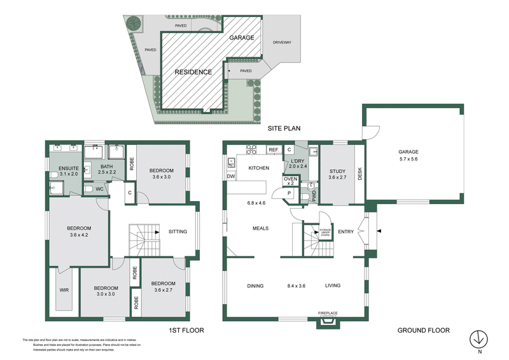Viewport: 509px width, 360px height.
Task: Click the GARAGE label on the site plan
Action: click(x=242, y=38)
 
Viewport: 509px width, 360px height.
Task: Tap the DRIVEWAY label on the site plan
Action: click(x=282, y=42)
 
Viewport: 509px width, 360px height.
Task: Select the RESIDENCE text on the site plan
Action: click(x=193, y=73)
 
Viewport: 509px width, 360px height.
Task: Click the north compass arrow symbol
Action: click(x=478, y=338)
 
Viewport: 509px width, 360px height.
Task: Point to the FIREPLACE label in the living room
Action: click(x=328, y=313)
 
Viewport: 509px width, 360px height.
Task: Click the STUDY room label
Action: click(x=337, y=170)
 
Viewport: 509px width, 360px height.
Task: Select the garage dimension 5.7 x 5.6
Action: click(x=408, y=160)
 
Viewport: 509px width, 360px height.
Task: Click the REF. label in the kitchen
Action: click(x=273, y=149)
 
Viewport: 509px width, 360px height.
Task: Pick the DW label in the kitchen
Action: click(x=231, y=176)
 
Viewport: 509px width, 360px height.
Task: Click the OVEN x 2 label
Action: click(x=289, y=181)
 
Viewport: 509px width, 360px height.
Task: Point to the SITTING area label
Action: click(x=178, y=232)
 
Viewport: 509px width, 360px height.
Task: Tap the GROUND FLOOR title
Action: click(x=423, y=330)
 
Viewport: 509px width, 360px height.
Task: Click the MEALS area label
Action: click(x=260, y=228)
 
